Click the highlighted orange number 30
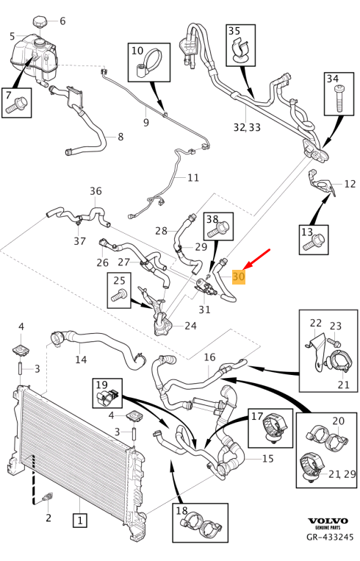(x=239, y=276)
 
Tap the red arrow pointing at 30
(x=256, y=260)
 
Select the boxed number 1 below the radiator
(x=80, y=521)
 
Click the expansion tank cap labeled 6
(x=39, y=21)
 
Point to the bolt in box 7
(x=15, y=104)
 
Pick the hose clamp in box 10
(x=148, y=63)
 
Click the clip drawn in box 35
(x=241, y=51)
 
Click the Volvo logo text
(x=328, y=521)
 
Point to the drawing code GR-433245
(x=330, y=537)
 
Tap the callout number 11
(x=193, y=177)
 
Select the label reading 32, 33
(x=247, y=126)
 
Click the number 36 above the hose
(x=96, y=191)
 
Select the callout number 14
(x=81, y=360)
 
